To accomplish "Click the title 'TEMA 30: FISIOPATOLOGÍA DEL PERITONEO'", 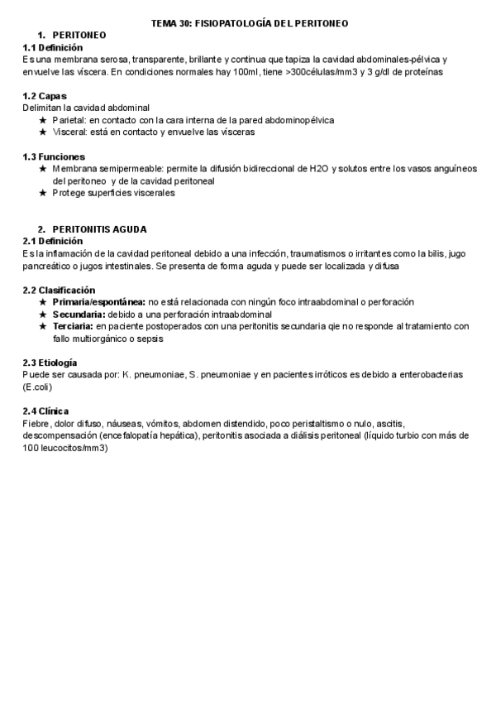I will pos(249,25).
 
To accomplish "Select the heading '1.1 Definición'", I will pos(52,48).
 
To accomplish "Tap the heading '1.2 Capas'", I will pos(45,96).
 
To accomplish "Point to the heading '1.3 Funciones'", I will pos(54,156).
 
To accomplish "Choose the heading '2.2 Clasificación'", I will pos(59,290).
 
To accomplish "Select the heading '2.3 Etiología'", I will pos(50,363).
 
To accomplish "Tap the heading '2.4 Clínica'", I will pos(45,411).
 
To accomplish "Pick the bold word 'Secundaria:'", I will pos(80,315).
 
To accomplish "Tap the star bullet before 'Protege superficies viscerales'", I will pos(43,193).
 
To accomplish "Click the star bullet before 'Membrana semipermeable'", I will pos(43,169).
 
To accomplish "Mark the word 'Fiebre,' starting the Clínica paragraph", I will pos(36,423).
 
